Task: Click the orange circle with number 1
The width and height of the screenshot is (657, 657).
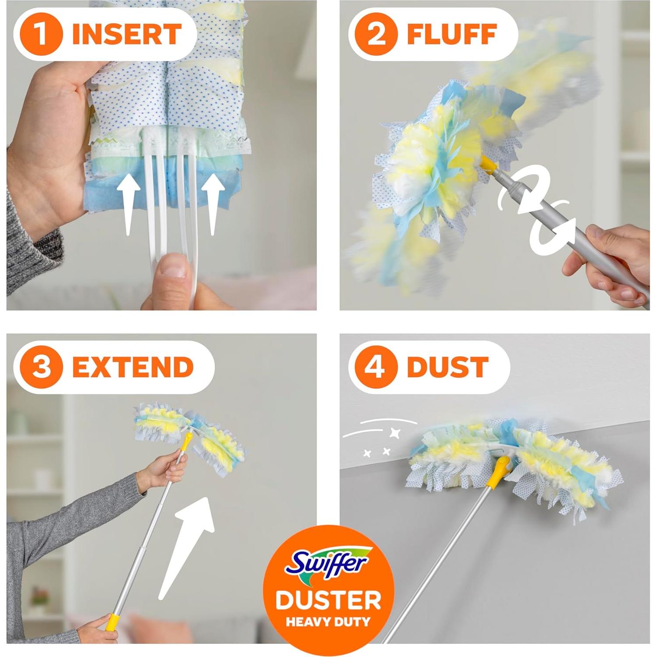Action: [42, 34]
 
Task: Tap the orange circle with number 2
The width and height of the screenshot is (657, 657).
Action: [376, 34]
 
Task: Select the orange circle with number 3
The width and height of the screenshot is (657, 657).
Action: [42, 367]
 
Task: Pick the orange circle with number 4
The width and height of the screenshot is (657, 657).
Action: [376, 367]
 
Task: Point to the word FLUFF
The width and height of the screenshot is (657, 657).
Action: [452, 34]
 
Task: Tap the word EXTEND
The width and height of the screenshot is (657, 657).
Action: [132, 367]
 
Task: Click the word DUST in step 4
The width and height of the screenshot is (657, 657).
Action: [447, 367]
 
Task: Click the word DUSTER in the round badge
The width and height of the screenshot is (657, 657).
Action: [328, 600]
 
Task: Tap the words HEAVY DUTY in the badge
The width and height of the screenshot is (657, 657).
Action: [328, 621]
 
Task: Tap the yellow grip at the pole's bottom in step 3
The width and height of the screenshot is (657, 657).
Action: [113, 622]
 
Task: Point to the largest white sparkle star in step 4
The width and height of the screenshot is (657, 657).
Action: [396, 433]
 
